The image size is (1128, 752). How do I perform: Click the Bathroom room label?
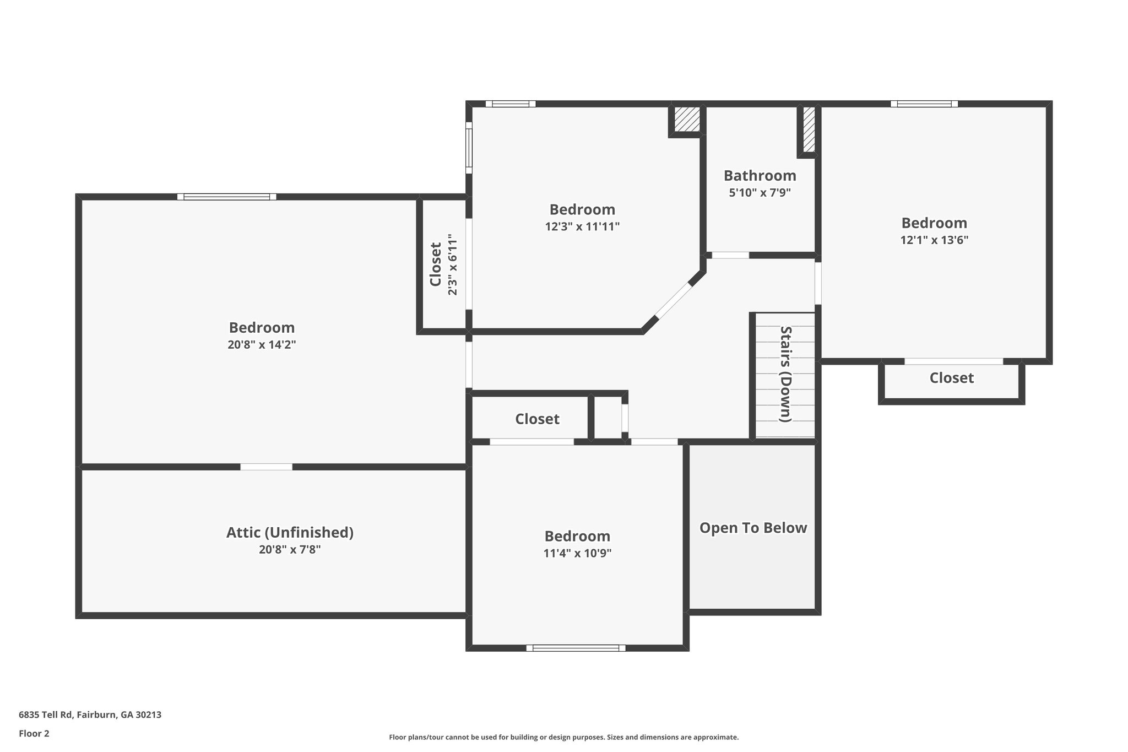tap(760, 176)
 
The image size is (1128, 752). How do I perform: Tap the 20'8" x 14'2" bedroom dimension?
tap(262, 345)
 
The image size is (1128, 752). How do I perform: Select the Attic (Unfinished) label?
tap(290, 533)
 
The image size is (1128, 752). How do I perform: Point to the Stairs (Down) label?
tap(785, 374)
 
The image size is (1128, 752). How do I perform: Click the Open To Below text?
tap(753, 528)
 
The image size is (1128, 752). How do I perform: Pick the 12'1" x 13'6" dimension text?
tap(934, 240)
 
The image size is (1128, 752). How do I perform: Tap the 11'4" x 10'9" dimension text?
tap(577, 553)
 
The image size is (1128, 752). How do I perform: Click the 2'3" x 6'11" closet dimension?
tap(452, 265)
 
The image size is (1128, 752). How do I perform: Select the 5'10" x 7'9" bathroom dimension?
tap(760, 193)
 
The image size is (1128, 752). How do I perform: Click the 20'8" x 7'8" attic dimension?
tap(290, 550)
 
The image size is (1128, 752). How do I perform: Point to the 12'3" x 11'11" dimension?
tap(582, 226)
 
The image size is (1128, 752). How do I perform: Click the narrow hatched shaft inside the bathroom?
tap(809, 129)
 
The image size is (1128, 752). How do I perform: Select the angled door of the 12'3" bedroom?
tap(673, 301)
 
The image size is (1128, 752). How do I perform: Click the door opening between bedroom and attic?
tap(266, 467)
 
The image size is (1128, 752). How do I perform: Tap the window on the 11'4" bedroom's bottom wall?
tap(576, 648)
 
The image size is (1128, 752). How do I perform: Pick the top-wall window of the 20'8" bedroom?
tap(227, 197)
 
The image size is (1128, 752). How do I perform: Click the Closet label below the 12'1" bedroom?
tap(951, 378)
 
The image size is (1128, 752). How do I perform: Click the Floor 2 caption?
tap(34, 733)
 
